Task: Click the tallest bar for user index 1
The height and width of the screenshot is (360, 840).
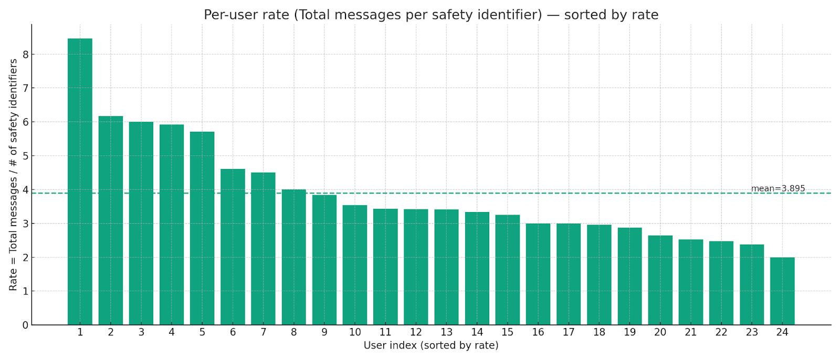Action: [x=80, y=182]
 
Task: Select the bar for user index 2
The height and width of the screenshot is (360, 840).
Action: [x=111, y=220]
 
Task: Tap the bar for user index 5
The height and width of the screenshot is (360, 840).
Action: [x=202, y=228]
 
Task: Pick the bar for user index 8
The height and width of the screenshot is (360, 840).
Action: [x=293, y=257]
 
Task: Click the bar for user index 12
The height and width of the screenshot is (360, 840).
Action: [x=416, y=267]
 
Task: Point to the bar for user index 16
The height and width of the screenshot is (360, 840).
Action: [x=538, y=274]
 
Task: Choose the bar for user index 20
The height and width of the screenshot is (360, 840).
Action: [x=660, y=280]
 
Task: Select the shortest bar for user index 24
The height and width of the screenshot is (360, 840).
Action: [x=782, y=291]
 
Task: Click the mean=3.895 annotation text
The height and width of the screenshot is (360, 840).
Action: [x=778, y=188]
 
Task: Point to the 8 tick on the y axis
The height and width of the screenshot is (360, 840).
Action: [x=25, y=55]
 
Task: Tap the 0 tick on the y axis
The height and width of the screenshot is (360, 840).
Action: [x=25, y=325]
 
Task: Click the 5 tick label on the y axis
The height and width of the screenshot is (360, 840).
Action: [x=25, y=156]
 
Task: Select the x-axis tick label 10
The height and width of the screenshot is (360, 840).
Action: [x=355, y=332]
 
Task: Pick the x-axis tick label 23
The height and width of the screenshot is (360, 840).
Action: [x=752, y=332]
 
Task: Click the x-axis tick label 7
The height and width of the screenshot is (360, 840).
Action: [x=263, y=332]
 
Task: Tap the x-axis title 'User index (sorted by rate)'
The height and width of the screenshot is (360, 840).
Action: [x=431, y=346]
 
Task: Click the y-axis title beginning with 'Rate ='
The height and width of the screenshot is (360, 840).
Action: [x=13, y=175]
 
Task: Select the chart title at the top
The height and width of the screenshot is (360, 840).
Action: [x=431, y=15]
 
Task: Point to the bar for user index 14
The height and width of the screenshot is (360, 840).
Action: [x=477, y=268]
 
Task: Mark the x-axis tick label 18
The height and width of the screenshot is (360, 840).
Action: [x=599, y=332]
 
